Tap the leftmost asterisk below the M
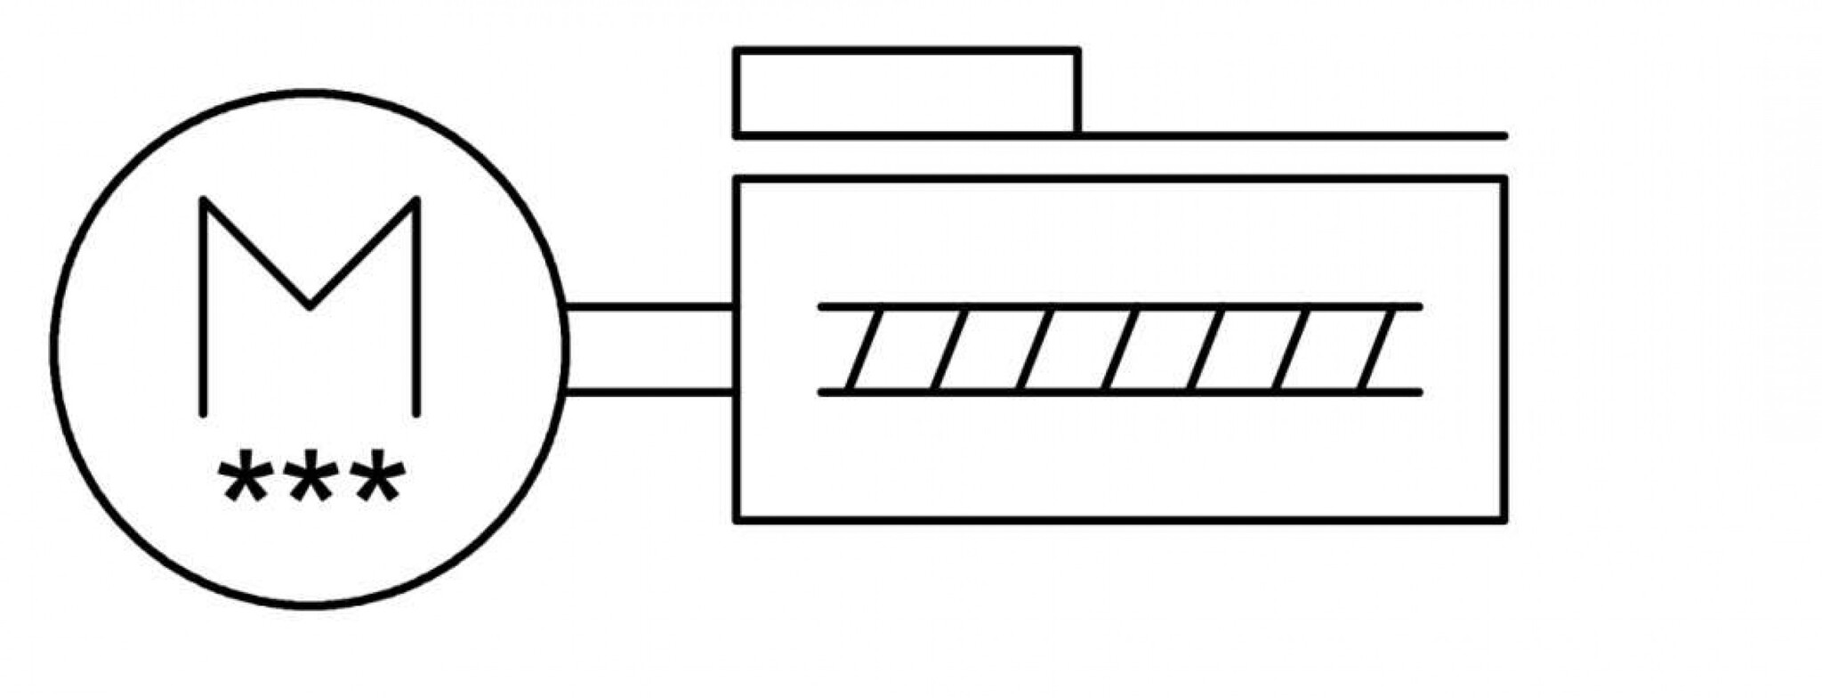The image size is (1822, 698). pyautogui.click(x=245, y=478)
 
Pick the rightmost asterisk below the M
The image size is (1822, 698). pyautogui.click(x=378, y=478)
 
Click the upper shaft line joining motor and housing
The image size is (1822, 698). pyautogui.click(x=649, y=307)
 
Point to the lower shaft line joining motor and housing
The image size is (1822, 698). pyautogui.click(x=649, y=392)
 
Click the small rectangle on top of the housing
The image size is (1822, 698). pyautogui.click(x=907, y=51)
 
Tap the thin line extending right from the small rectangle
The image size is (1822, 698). pyautogui.click(x=1293, y=136)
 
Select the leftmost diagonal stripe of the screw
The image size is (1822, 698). pyautogui.click(x=865, y=349)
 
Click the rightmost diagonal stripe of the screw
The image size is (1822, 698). pyautogui.click(x=1377, y=349)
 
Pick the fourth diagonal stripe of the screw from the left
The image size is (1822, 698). pyautogui.click(x=1121, y=349)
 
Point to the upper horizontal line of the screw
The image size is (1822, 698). pyautogui.click(x=1120, y=307)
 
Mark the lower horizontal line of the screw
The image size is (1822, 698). pyautogui.click(x=1120, y=392)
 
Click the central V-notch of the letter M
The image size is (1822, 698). pyautogui.click(x=310, y=307)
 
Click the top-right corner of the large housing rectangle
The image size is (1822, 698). pyautogui.click(x=1504, y=180)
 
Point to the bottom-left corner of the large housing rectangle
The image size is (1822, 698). pyautogui.click(x=737, y=519)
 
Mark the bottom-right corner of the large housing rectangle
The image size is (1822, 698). pyautogui.click(x=1504, y=519)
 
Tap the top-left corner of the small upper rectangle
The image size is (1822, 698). pyautogui.click(x=737, y=51)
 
